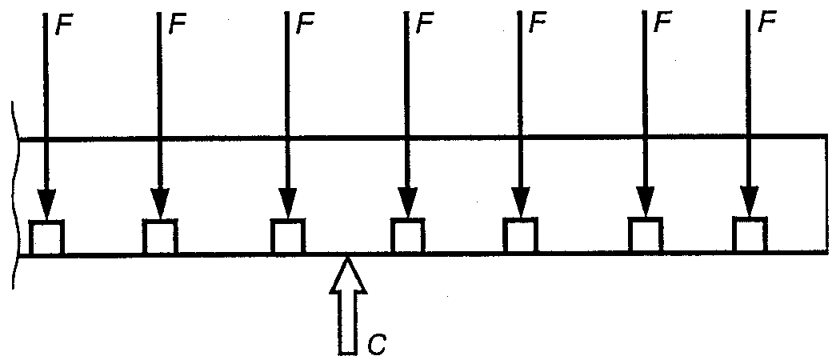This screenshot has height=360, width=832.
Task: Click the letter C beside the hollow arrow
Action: pos(378,343)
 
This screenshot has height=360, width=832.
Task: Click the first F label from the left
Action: pos(64,25)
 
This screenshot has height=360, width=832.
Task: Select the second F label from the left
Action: pos(177,25)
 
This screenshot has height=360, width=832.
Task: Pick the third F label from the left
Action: pos(304,25)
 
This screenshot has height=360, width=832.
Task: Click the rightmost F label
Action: pos(767,25)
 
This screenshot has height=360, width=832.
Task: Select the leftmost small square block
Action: pos(47,238)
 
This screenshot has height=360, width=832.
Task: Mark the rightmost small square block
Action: pos(750,236)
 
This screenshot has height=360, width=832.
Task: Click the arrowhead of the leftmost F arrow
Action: pos(47,205)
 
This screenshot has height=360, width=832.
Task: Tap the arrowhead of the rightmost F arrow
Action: pos(750,202)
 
